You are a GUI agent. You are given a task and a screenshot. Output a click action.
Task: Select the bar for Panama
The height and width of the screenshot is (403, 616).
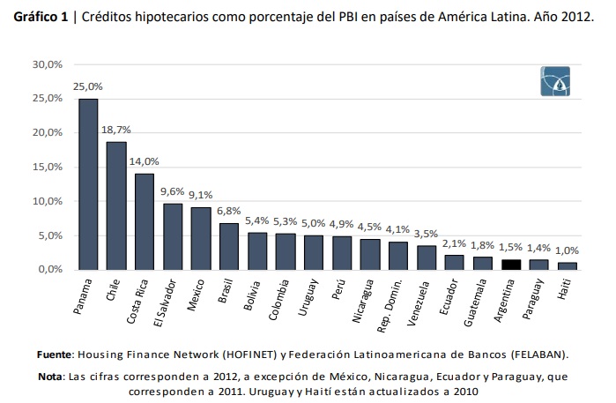coord(88,184)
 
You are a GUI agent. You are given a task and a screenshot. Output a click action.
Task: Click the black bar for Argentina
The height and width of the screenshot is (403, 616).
coord(512,264)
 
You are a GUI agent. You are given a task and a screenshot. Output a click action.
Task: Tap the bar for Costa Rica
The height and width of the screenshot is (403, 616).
coord(145,221)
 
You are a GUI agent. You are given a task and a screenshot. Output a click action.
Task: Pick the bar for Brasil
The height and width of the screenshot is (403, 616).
coord(229,246)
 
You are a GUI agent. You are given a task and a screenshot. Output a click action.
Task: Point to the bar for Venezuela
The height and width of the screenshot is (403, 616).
coord(427,257)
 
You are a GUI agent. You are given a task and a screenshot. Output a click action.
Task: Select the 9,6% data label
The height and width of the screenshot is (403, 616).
coord(173,191)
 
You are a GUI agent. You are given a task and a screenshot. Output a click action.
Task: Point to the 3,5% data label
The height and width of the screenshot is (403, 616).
coord(427,233)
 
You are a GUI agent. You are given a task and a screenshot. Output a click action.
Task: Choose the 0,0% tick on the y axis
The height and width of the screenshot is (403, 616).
coord(46,270)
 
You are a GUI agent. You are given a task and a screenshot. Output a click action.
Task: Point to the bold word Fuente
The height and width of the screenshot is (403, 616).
coord(56,354)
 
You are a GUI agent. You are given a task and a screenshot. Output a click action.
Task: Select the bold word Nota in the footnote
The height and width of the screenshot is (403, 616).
coord(50,377)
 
